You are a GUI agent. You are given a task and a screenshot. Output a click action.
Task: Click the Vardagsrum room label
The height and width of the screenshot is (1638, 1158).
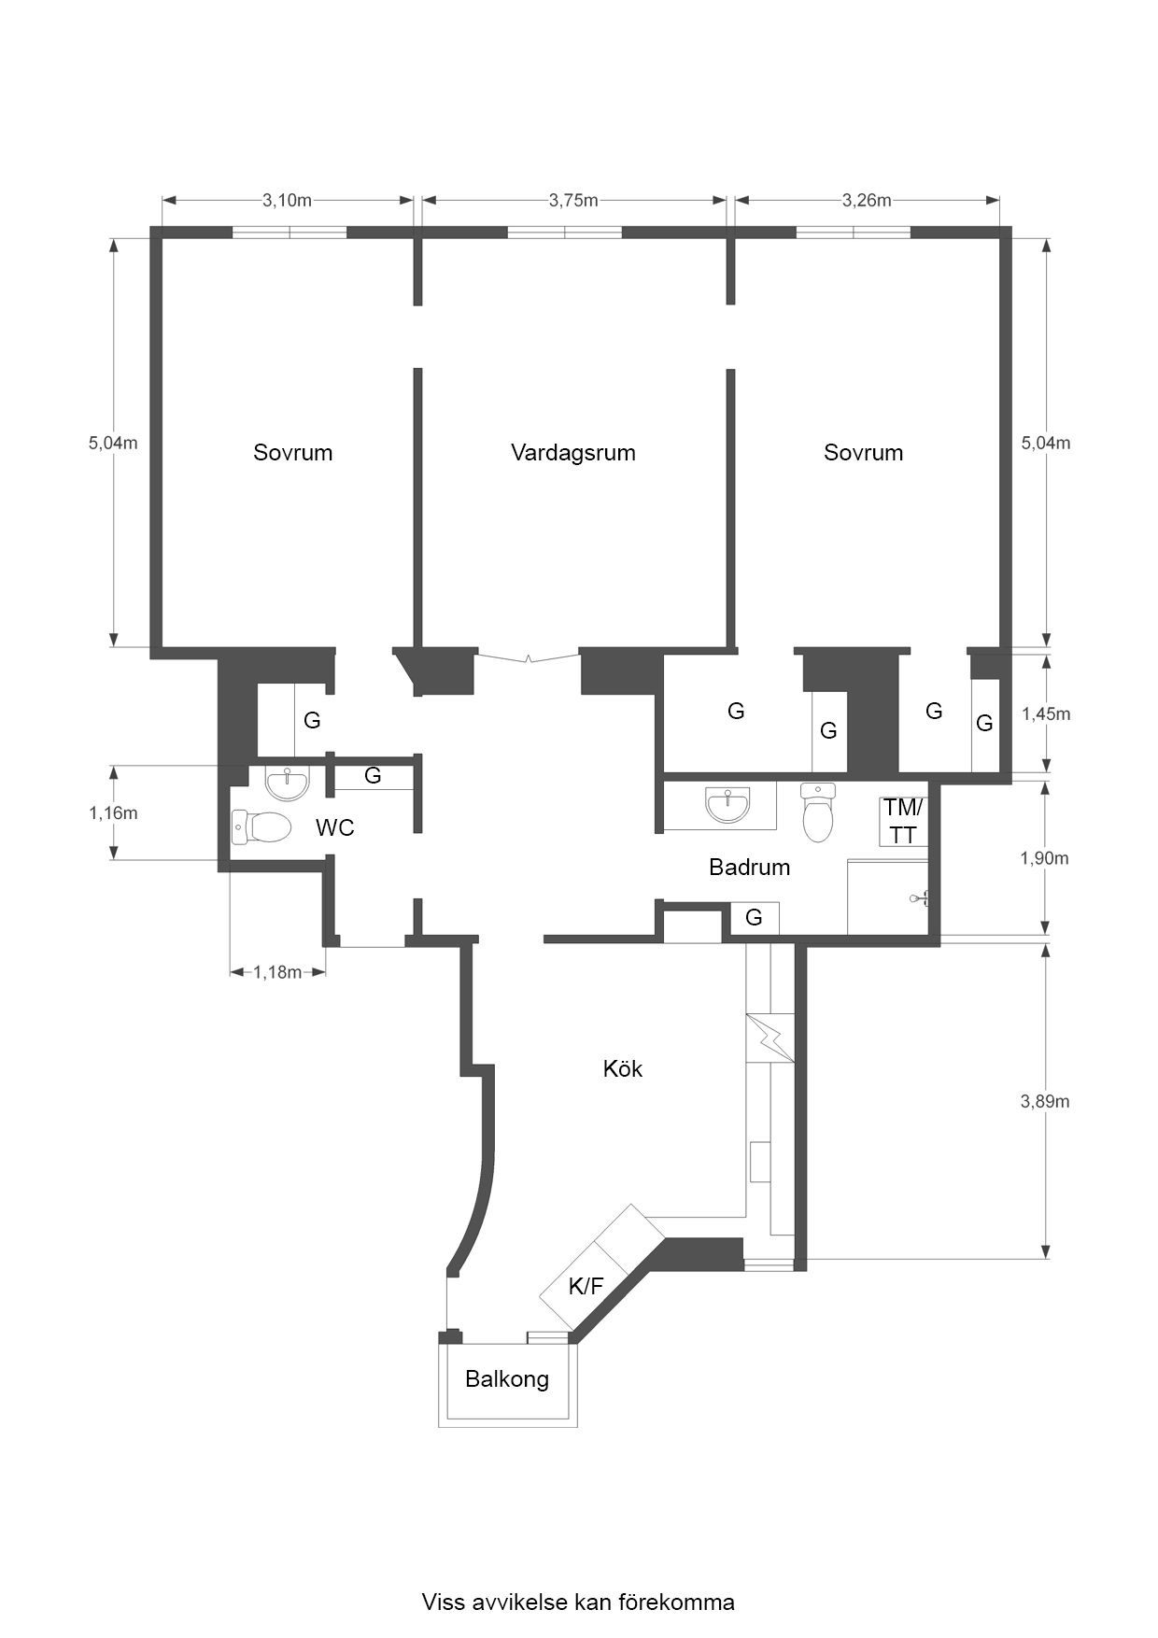point(572,453)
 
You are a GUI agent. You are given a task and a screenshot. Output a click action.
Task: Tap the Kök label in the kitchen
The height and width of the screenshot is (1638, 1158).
point(622,1068)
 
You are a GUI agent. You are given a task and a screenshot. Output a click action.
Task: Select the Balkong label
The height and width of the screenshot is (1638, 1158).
point(507,1378)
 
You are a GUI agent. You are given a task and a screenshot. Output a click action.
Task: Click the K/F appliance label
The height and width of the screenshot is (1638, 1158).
point(586,1287)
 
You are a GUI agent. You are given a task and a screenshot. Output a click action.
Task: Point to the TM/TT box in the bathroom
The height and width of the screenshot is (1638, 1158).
point(902,821)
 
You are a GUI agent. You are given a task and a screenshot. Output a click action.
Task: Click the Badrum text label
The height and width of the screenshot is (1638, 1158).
point(749,867)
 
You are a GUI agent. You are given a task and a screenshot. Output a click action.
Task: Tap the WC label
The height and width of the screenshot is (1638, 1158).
point(334,827)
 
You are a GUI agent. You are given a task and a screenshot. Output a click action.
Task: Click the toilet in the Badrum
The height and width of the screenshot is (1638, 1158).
point(818,812)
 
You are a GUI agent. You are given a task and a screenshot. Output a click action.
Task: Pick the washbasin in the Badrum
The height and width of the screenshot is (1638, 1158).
point(727,804)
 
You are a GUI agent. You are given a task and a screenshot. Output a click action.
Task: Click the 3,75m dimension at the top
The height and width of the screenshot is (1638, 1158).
point(572,200)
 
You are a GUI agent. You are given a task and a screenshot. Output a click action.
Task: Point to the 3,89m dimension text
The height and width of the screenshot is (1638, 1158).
point(1044,1101)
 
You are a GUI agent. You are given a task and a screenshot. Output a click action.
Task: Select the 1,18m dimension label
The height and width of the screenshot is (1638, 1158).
point(277,972)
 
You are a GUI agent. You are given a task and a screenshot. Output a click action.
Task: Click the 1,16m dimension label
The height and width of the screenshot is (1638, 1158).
point(113,812)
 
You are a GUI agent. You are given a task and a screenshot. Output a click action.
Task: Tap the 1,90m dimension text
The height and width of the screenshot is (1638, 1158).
point(1044,857)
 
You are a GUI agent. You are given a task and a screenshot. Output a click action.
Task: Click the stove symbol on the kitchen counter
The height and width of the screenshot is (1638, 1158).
point(770,1038)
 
